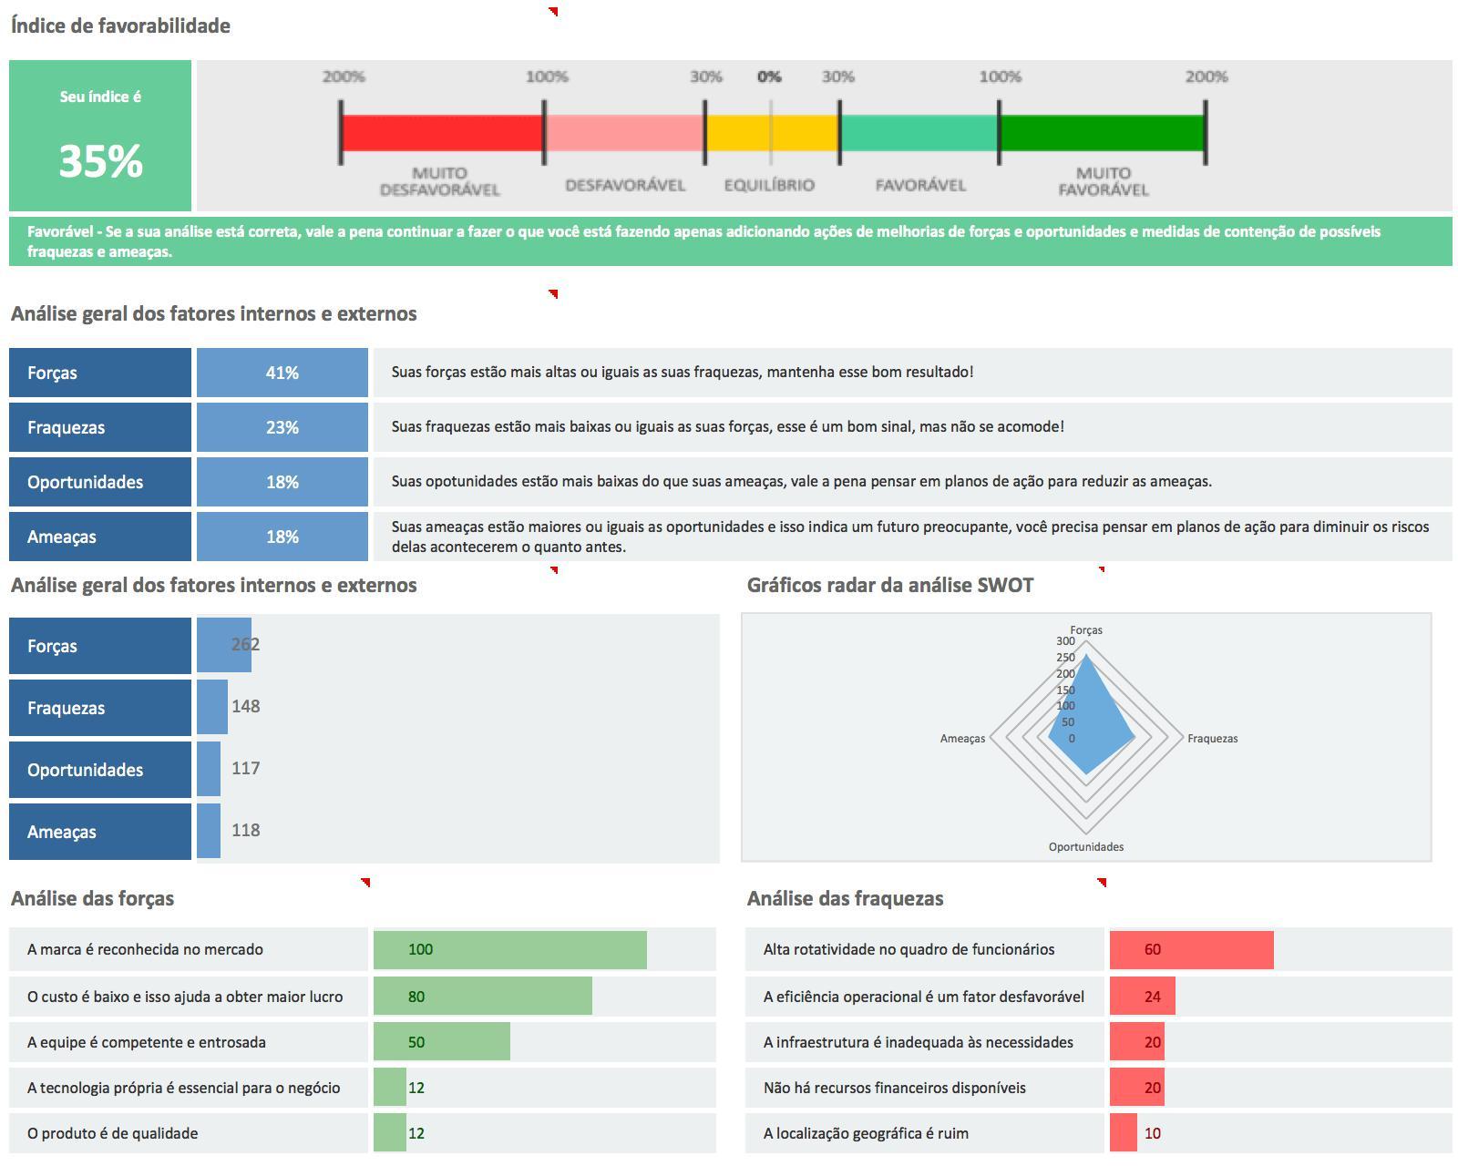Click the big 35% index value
coord(100,161)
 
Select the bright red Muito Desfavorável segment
coord(442,133)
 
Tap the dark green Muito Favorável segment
coord(1102,133)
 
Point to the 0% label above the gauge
coord(769,77)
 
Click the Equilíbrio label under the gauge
coord(769,185)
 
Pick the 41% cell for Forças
coord(282,373)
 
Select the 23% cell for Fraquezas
coord(282,427)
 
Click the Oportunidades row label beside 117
coord(86,770)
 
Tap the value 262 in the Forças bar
coord(245,645)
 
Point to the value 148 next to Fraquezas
coord(246,707)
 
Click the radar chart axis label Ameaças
coord(962,739)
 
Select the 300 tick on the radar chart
coord(1065,641)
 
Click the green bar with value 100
coord(510,949)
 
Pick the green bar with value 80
coord(483,997)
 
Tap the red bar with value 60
coord(1191,949)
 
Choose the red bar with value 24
coord(1142,997)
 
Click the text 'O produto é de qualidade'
coord(112,1133)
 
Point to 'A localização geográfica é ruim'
coord(866,1133)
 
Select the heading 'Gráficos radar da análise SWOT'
coord(889,586)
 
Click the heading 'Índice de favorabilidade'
coord(120,26)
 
